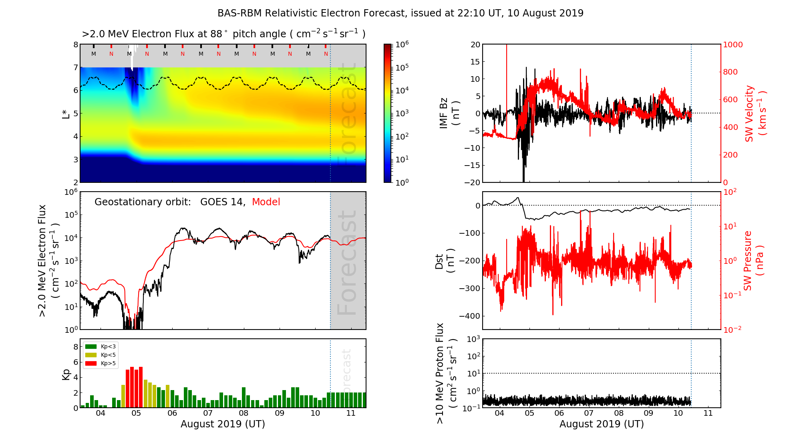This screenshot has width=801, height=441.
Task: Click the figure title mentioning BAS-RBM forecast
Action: click(x=400, y=13)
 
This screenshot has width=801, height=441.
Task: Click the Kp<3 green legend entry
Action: click(x=101, y=346)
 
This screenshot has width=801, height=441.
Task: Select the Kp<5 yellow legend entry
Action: click(x=101, y=355)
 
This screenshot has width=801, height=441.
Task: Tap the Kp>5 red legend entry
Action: click(x=101, y=364)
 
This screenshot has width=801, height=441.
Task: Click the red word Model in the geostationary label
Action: click(x=266, y=202)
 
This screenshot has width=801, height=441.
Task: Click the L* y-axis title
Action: click(x=66, y=113)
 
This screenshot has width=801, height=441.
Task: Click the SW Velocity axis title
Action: click(x=755, y=113)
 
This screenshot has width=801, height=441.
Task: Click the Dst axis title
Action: click(x=445, y=261)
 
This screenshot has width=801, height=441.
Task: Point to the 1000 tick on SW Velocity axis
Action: click(x=733, y=45)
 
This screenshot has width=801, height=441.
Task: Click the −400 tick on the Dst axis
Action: click(x=469, y=316)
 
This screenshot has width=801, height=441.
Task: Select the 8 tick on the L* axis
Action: click(x=75, y=45)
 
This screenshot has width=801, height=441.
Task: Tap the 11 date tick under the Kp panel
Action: click(x=351, y=413)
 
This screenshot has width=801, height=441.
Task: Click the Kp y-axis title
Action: click(x=66, y=374)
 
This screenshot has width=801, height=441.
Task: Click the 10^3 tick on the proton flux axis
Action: click(x=473, y=339)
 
